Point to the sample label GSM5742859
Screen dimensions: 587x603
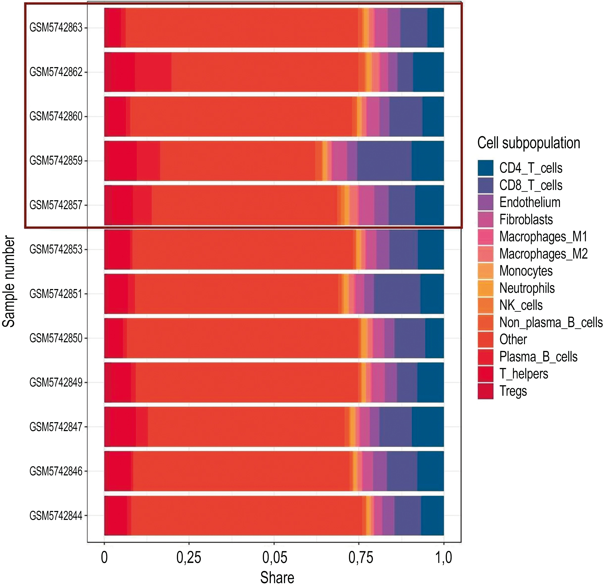pos(56,161)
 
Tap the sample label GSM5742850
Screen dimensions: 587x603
pos(56,338)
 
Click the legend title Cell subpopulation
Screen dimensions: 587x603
pos(529,143)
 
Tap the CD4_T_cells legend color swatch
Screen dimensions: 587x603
pos(485,168)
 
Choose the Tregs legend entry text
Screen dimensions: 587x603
pos(513,391)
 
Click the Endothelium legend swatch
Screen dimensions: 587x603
pos(485,202)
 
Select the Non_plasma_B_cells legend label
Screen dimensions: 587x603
pos(551,322)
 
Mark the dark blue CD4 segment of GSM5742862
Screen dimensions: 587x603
pos(428,72)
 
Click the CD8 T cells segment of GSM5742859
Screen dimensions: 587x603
pos(384,161)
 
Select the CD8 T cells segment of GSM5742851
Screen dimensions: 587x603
pos(397,294)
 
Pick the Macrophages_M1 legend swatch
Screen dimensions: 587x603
pos(485,236)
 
